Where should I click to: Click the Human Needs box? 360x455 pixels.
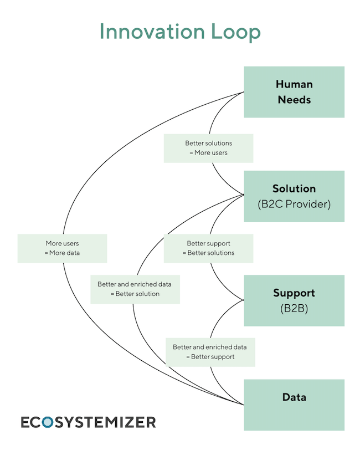click(x=294, y=92)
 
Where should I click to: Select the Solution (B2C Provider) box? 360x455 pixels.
click(x=294, y=196)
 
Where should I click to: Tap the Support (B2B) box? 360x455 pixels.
click(x=294, y=300)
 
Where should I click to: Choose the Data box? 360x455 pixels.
click(x=294, y=405)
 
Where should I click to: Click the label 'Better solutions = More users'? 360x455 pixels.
click(x=208, y=148)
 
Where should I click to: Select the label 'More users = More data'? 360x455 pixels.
click(x=62, y=248)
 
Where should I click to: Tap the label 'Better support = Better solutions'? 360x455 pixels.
click(x=208, y=248)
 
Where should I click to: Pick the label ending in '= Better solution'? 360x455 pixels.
click(x=135, y=289)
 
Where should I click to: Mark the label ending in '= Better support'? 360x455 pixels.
click(x=210, y=352)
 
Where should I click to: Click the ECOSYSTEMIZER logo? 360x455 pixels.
click(x=89, y=422)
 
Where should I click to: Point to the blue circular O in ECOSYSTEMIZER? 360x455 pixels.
click(x=48, y=422)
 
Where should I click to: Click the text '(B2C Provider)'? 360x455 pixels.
click(x=294, y=204)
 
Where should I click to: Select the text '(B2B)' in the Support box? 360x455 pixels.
click(x=294, y=308)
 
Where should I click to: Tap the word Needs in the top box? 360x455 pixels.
click(x=294, y=100)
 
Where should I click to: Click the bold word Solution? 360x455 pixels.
click(x=294, y=188)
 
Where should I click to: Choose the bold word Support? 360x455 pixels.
click(x=294, y=293)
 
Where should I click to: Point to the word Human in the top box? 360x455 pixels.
click(x=294, y=84)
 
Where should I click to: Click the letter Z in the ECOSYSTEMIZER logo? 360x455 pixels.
click(x=131, y=422)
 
